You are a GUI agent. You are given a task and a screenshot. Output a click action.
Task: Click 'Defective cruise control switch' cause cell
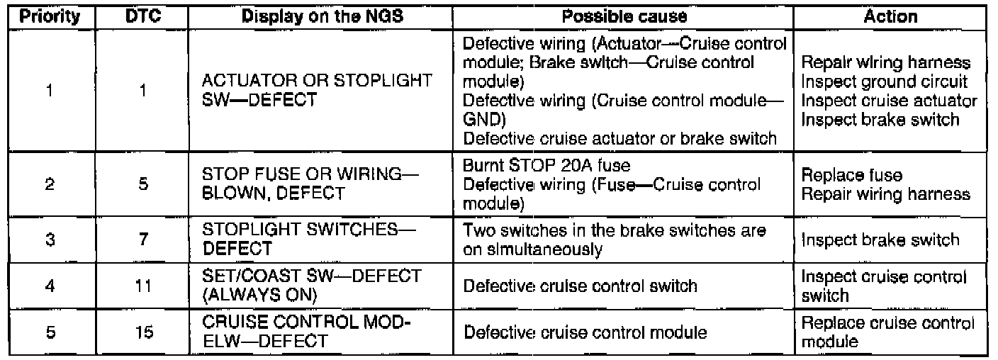[581, 286]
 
